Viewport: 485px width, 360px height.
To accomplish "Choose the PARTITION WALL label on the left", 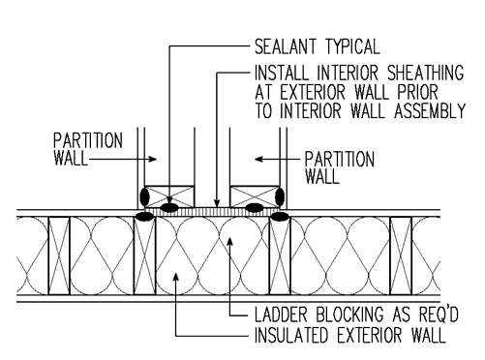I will pos(86,146).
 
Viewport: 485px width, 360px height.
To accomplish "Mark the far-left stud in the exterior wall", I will pos(58,254).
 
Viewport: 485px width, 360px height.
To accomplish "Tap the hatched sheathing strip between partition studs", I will pos(211,208).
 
